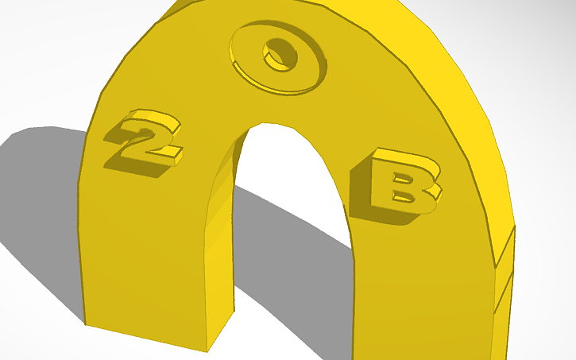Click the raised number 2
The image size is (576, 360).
[146, 135]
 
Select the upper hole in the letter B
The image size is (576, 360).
[405, 170]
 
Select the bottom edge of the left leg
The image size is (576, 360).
[147, 338]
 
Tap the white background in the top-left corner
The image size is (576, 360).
[32, 32]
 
